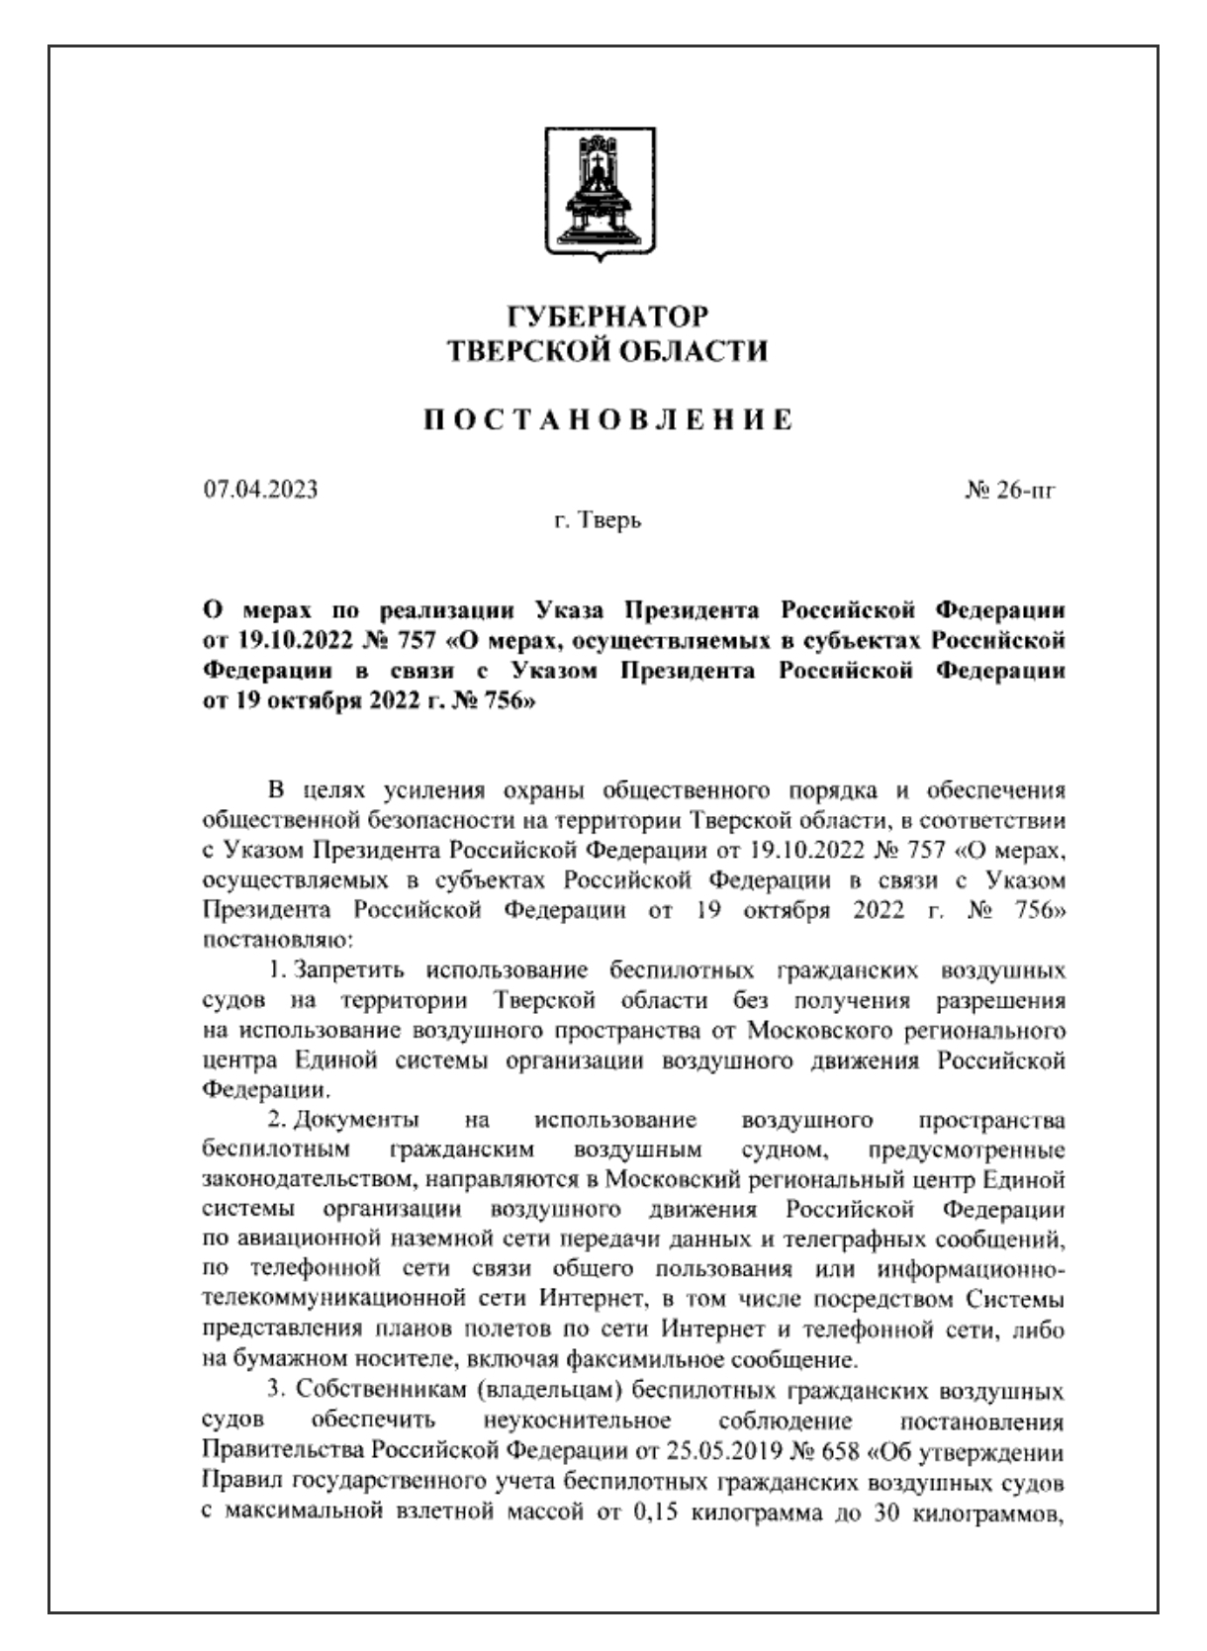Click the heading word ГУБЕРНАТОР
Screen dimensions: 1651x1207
[x=607, y=318]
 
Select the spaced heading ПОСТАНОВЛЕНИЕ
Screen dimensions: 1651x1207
[x=607, y=419]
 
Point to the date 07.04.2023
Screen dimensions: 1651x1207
[x=261, y=489]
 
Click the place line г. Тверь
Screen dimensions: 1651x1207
[x=597, y=520]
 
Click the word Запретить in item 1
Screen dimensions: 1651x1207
[x=352, y=967]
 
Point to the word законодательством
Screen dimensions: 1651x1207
[x=319, y=1182]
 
